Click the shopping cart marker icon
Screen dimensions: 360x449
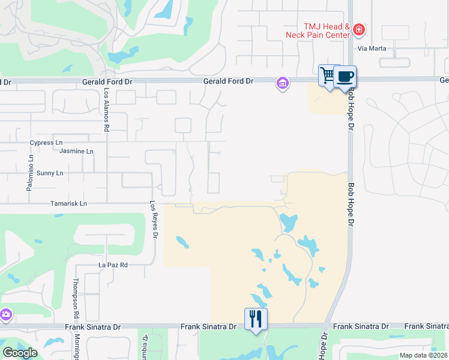(327, 76)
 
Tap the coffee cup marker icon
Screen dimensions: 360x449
(345, 77)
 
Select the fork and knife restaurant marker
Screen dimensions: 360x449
(256, 319)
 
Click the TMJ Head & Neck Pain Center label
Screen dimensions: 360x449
(326, 31)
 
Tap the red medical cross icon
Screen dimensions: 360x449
(359, 29)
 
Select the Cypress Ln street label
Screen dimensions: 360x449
(46, 143)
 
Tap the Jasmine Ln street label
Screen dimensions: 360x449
(76, 151)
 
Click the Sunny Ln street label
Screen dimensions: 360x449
(50, 173)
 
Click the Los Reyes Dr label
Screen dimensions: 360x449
(154, 220)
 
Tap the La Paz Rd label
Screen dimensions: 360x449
(113, 265)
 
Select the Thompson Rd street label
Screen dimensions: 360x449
(76, 298)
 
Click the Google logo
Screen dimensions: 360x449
(20, 352)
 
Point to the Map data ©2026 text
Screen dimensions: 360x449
(423, 355)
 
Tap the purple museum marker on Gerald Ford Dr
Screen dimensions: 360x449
(282, 83)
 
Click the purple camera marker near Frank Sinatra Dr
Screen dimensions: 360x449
(5, 314)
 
